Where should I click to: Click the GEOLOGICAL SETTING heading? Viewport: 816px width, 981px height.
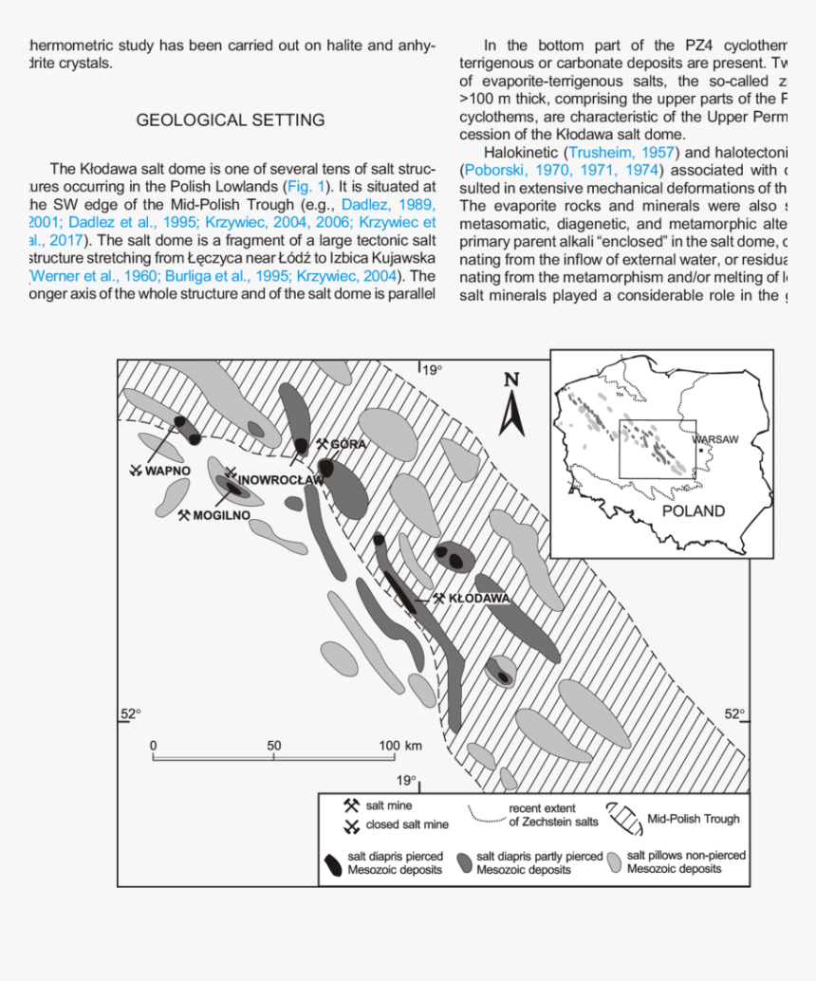(x=230, y=120)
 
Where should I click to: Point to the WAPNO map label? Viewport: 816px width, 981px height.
(x=168, y=471)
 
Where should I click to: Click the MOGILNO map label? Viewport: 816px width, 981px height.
(x=221, y=515)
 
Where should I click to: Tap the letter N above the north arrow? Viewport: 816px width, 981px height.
(x=511, y=380)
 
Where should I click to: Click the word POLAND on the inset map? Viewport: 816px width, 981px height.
(x=693, y=510)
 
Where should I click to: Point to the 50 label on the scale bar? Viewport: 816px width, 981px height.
(x=273, y=746)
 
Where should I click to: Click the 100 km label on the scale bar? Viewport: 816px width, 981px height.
(x=400, y=746)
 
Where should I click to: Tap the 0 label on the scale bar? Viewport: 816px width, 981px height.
(x=153, y=746)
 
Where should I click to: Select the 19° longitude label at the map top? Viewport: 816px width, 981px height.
(x=432, y=370)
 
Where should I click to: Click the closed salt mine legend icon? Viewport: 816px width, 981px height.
(x=350, y=824)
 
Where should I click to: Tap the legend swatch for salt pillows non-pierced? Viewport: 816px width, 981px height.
(x=614, y=861)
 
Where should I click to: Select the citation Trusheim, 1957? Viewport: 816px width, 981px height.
(x=621, y=152)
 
